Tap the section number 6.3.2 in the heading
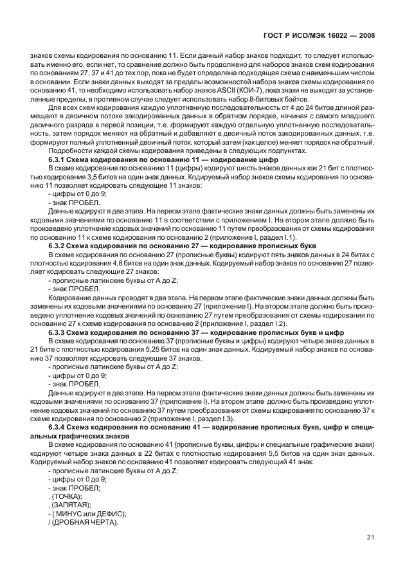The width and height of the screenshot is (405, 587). coord(59,246)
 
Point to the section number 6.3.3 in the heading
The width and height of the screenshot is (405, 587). coord(59,332)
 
